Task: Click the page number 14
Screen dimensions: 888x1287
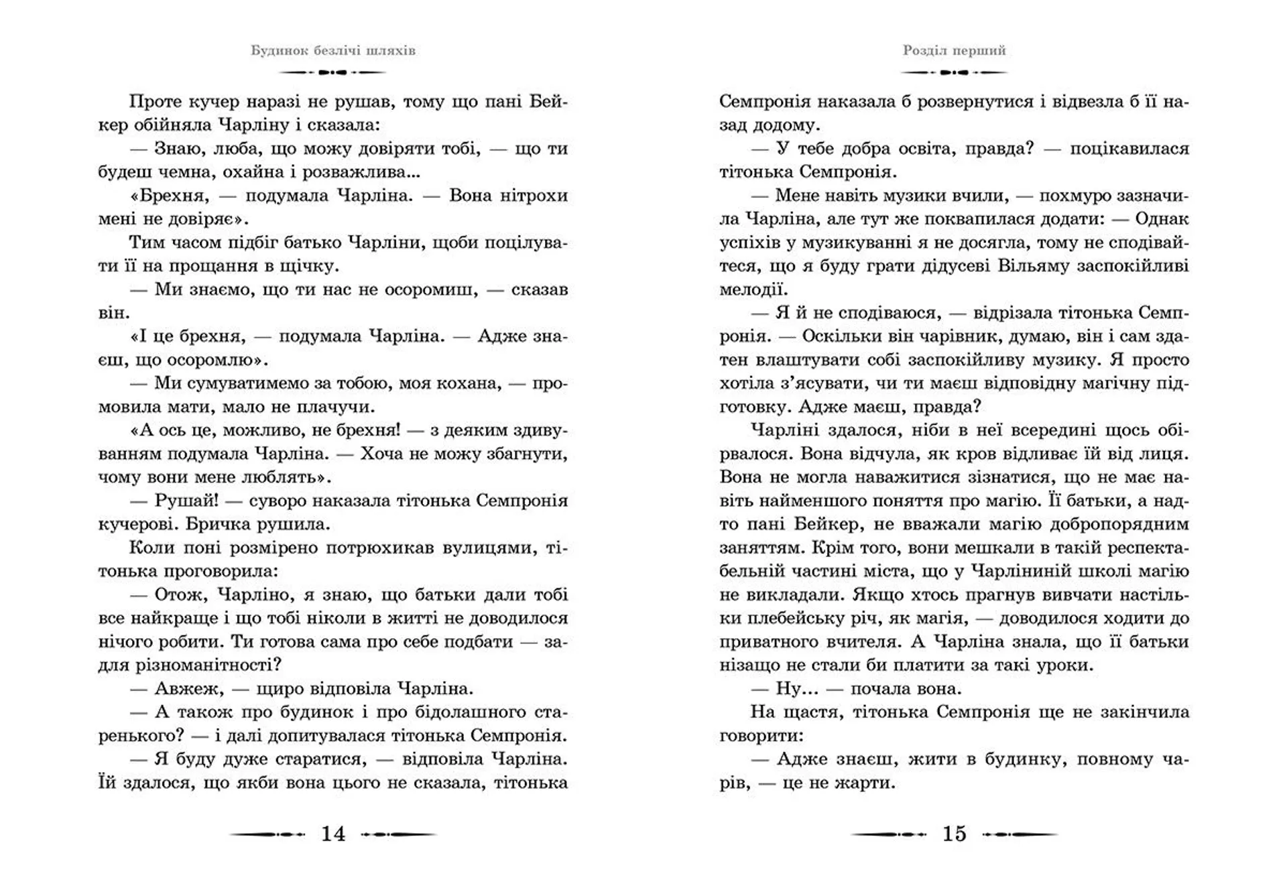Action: (333, 834)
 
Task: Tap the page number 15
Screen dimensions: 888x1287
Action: (955, 834)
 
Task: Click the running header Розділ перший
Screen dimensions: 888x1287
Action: (955, 51)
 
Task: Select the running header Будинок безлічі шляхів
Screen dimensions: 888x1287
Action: (333, 51)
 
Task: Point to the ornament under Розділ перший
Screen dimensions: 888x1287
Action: (955, 72)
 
